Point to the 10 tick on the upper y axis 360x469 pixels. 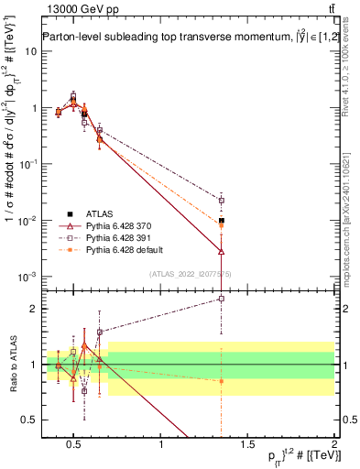[31, 51]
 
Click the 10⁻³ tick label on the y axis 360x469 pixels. [27, 277]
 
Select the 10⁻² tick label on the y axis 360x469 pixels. [27, 221]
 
